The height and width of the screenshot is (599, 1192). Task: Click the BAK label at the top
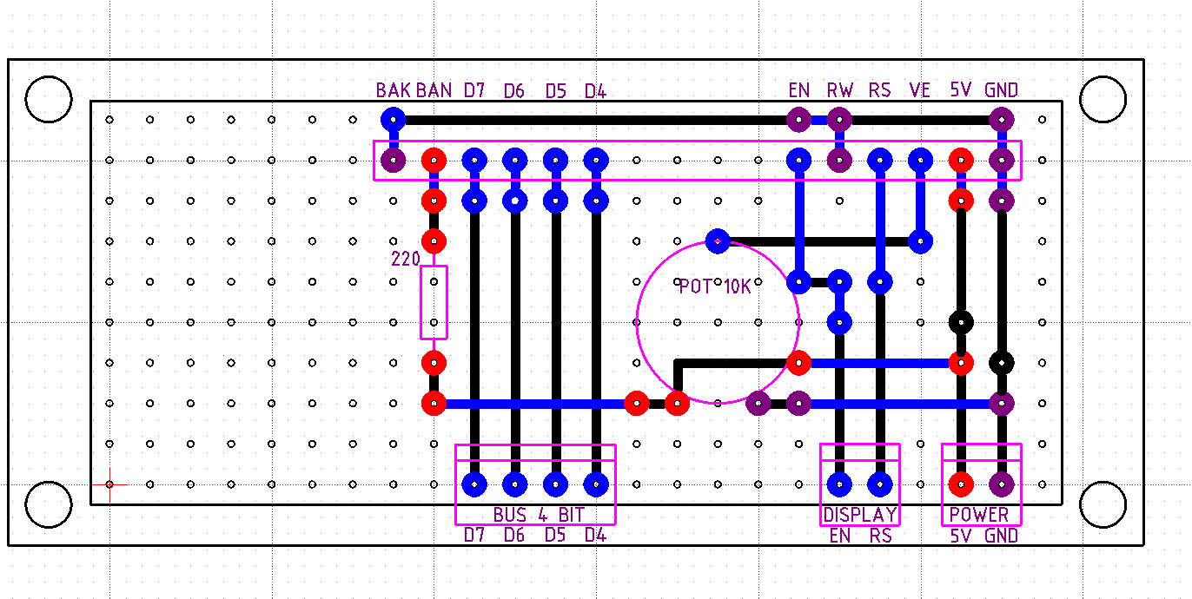394,90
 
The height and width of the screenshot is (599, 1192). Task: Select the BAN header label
434,90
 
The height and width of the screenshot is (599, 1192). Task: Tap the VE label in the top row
919,90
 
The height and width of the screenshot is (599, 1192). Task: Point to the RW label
839,90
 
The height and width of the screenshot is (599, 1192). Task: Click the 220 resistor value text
406,259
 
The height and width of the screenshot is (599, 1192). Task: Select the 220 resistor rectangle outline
434,302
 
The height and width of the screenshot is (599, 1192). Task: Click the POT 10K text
714,286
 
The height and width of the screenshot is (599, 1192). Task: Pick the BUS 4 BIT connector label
535,514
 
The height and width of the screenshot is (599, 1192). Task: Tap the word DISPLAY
859,514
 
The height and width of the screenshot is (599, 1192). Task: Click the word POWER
979,514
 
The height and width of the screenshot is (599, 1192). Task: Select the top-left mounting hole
49,100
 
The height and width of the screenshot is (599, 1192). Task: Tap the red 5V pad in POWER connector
960,484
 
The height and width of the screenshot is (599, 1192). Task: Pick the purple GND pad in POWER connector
1001,484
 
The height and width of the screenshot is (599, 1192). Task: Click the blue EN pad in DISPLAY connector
839,484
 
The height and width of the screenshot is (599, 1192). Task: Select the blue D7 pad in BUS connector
473,484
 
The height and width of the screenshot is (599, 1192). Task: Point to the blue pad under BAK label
394,119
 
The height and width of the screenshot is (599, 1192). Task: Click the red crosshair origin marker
109,484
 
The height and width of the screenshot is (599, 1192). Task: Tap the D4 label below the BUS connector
595,535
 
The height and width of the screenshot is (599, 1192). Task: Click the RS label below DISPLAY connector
880,536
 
